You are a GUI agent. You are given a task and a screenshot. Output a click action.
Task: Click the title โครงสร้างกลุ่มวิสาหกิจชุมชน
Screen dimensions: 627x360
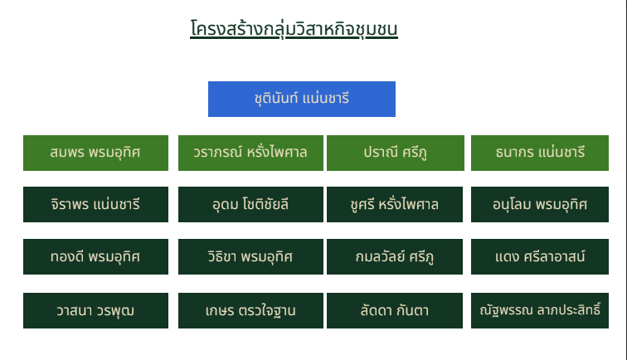tap(294, 29)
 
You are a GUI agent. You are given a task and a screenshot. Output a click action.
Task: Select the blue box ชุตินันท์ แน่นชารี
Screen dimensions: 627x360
tap(302, 100)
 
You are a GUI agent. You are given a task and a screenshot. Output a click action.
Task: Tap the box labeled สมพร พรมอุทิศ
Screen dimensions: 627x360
tap(95, 153)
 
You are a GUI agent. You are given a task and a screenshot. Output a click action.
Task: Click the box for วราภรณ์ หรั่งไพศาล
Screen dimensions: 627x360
tap(250, 153)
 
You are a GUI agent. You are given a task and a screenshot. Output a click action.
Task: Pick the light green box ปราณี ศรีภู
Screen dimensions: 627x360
tap(396, 153)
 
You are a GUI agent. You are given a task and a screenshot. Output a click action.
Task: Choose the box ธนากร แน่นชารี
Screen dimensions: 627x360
tap(540, 153)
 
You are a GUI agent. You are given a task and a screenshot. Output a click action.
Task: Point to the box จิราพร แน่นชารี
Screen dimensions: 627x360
tap(95, 204)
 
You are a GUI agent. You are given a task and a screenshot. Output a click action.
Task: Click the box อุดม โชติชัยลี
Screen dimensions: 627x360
tap(250, 204)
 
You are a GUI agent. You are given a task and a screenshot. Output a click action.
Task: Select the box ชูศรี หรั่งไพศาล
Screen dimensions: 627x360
tap(395, 204)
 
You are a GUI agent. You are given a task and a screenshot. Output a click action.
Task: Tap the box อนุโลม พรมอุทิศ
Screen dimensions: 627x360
tap(540, 204)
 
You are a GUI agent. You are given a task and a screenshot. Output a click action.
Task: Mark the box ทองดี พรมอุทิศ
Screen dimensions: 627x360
tap(95, 257)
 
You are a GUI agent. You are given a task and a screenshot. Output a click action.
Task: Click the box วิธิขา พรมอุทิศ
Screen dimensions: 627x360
tap(250, 257)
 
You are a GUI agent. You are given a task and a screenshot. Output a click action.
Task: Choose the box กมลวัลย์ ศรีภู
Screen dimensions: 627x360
tap(395, 257)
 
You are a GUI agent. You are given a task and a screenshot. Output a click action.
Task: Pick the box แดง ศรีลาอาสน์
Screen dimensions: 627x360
tap(540, 257)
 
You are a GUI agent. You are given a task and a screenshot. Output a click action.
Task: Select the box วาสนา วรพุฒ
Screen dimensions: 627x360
tap(95, 310)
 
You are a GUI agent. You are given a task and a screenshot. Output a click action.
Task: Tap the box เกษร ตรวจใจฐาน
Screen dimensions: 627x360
tap(250, 310)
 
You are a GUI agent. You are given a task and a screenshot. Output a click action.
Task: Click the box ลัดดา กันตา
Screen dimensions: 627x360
tap(395, 310)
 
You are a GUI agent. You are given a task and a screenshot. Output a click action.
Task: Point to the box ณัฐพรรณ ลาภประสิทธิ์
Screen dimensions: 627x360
tap(540, 310)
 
